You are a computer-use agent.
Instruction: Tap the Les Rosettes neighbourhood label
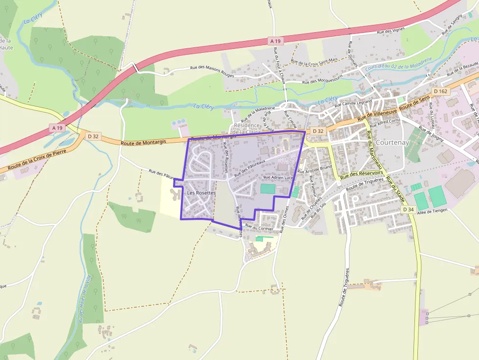[201, 193]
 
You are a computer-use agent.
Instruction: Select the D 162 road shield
[440, 91]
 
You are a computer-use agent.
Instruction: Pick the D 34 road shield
[409, 209]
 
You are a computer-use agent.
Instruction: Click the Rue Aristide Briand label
[315, 169]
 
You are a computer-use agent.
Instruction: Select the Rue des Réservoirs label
[362, 174]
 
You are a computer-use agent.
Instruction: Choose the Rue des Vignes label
[391, 31]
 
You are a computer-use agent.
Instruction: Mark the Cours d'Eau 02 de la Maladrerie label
[399, 66]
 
